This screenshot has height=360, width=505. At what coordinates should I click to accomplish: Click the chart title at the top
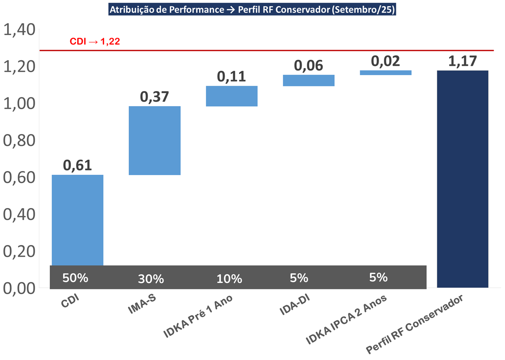(252, 10)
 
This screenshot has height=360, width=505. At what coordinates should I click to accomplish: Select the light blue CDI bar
(77, 220)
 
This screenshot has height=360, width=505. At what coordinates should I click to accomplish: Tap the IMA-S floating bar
(155, 140)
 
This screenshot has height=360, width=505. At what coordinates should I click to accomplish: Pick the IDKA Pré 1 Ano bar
(232, 96)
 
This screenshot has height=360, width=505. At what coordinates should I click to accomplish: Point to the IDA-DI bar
(309, 80)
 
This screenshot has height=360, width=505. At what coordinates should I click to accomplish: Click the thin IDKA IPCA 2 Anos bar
(385, 73)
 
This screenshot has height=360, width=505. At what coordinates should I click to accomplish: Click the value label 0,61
(77, 165)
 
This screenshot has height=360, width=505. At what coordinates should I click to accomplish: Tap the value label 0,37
(155, 96)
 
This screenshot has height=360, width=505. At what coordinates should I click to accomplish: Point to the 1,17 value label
(463, 61)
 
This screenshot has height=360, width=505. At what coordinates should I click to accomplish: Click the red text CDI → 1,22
(95, 41)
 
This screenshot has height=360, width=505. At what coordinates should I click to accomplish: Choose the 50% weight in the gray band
(75, 278)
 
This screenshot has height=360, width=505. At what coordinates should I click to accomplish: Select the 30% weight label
(151, 279)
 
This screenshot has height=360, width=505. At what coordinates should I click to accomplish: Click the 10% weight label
(229, 279)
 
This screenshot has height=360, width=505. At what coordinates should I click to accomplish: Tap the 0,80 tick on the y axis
(19, 140)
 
